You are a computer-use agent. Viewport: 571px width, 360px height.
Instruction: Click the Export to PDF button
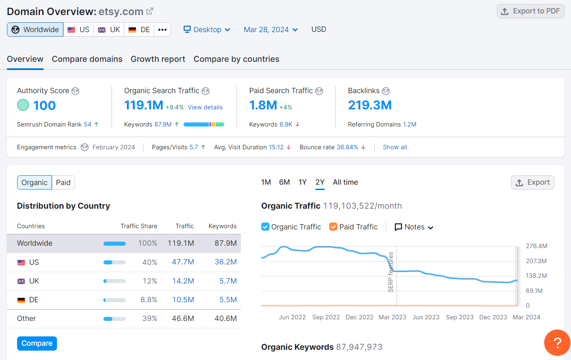coord(530,11)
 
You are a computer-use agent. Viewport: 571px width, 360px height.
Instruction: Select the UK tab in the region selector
coord(109,30)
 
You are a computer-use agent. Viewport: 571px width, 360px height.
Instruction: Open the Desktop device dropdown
coord(207,30)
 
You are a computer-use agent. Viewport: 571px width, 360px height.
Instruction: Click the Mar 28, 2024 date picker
coord(271,30)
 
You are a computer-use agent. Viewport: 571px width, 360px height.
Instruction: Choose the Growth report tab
coord(158,59)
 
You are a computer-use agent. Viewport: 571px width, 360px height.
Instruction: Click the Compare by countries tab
coord(236,59)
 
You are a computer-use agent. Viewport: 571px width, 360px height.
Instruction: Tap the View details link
coord(205,107)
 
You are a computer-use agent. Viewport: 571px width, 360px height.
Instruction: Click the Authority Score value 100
coord(44,105)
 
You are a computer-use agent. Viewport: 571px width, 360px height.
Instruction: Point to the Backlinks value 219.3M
coord(370,105)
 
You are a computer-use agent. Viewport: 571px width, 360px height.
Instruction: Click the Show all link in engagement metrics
coord(395,147)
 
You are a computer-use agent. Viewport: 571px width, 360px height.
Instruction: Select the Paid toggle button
coord(63,183)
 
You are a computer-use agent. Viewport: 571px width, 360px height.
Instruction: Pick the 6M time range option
coord(284,182)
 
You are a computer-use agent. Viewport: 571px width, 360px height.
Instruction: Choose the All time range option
coord(345,182)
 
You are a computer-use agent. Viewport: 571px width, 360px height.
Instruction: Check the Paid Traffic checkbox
coord(333,227)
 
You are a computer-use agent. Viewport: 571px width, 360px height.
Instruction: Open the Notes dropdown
coord(414,227)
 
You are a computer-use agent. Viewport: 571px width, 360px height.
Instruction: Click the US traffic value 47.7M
coord(183,262)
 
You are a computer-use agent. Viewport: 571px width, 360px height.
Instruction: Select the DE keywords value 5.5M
coord(228,300)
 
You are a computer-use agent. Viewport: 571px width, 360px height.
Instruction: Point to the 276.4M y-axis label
coord(536,246)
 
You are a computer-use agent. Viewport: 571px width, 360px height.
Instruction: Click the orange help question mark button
coord(557,343)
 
